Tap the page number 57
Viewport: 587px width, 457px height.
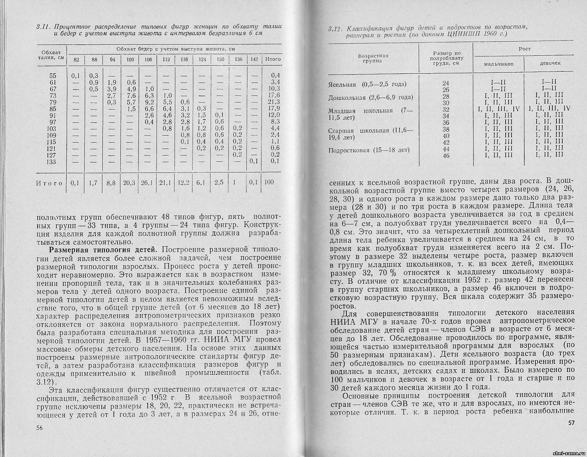pyautogui.click(x=571, y=423)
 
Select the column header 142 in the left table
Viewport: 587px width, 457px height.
pyautogui.click(x=254, y=59)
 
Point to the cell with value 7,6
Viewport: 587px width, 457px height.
pyautogui.click(x=131, y=95)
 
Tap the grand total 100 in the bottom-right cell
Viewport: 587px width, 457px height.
pyautogui.click(x=269, y=182)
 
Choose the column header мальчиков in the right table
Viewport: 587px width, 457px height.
pyautogui.click(x=499, y=63)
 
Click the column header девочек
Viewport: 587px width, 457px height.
pyautogui.click(x=550, y=63)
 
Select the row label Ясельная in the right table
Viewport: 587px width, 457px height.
pyautogui.click(x=342, y=85)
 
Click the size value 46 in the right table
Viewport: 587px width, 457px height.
pyautogui.click(x=446, y=156)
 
